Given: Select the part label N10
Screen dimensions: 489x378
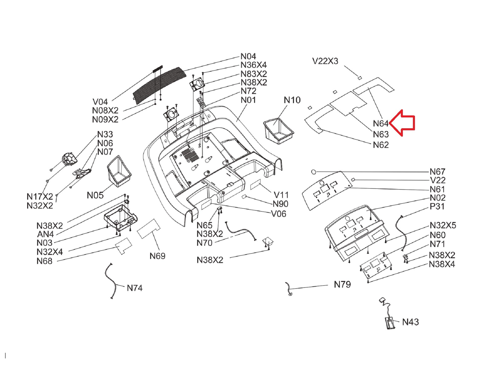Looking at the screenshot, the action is click(x=292, y=100).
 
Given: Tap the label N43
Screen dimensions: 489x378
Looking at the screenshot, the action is click(x=410, y=322).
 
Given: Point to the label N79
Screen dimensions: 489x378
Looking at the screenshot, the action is click(x=342, y=284).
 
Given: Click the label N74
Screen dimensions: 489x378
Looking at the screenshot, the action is click(x=135, y=288).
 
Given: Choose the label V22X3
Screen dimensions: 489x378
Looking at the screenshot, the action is click(x=325, y=61).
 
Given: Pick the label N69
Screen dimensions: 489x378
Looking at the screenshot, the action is click(x=157, y=256).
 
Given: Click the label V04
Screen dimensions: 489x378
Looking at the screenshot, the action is click(x=100, y=102).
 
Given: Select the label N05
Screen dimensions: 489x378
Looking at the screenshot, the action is click(x=95, y=195).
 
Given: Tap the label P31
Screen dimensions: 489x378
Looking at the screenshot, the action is click(x=437, y=206).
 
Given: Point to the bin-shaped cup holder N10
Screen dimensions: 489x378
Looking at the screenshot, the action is click(x=278, y=131).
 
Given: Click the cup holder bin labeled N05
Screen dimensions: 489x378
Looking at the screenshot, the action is click(x=119, y=171).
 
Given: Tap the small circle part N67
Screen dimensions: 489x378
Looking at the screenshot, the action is click(x=314, y=172).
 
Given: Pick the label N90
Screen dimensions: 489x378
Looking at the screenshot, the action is click(x=280, y=204).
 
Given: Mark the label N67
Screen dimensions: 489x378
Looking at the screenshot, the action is click(x=437, y=172).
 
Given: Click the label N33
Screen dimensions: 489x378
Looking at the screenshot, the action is click(x=105, y=134).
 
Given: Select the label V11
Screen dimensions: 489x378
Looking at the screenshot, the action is click(x=281, y=195).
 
